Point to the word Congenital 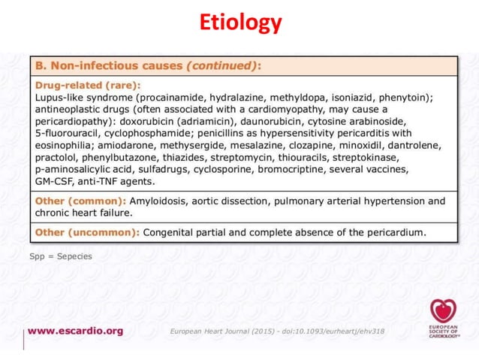point(172,232)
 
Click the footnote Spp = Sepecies point(60,256)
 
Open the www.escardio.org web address point(77,331)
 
